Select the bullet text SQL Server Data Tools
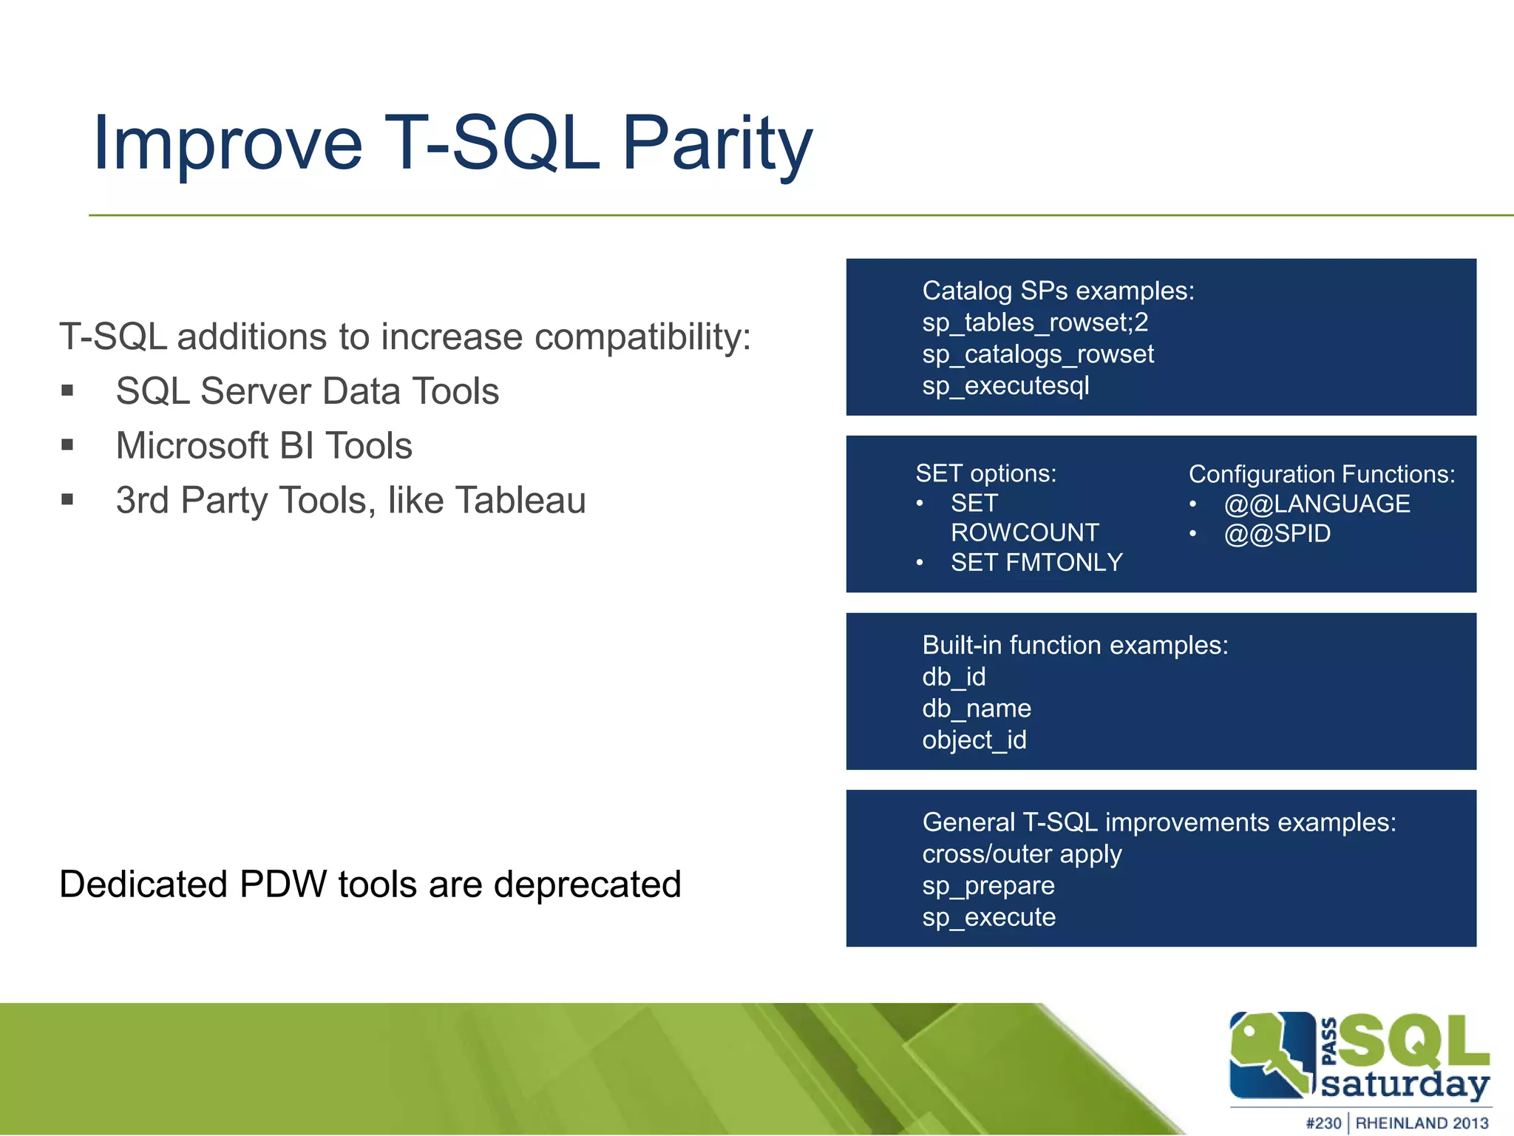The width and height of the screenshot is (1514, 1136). pyautogui.click(x=308, y=391)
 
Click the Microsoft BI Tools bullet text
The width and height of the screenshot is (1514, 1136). pyautogui.click(x=264, y=446)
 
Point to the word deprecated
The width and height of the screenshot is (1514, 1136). pyautogui.click(x=587, y=885)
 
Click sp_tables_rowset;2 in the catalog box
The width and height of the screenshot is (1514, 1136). pyautogui.click(x=1035, y=322)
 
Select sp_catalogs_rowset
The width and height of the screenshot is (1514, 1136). pyautogui.click(x=1038, y=354)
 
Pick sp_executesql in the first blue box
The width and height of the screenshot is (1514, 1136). pyautogui.click(x=1005, y=386)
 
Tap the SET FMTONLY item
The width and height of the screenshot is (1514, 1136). pyautogui.click(x=1036, y=563)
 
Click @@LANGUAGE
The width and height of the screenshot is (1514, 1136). pyautogui.click(x=1317, y=504)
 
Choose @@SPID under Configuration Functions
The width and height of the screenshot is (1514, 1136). pyautogui.click(x=1277, y=534)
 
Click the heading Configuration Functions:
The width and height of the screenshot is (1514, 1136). pyautogui.click(x=1321, y=474)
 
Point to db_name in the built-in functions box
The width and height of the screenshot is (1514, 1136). pyautogui.click(x=976, y=709)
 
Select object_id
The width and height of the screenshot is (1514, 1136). pyautogui.click(x=974, y=740)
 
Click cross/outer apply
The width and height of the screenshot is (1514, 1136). pyautogui.click(x=1022, y=854)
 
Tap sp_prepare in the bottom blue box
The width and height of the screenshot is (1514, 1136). pyautogui.click(x=988, y=886)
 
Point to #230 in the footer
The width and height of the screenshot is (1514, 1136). pyautogui.click(x=1323, y=1123)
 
